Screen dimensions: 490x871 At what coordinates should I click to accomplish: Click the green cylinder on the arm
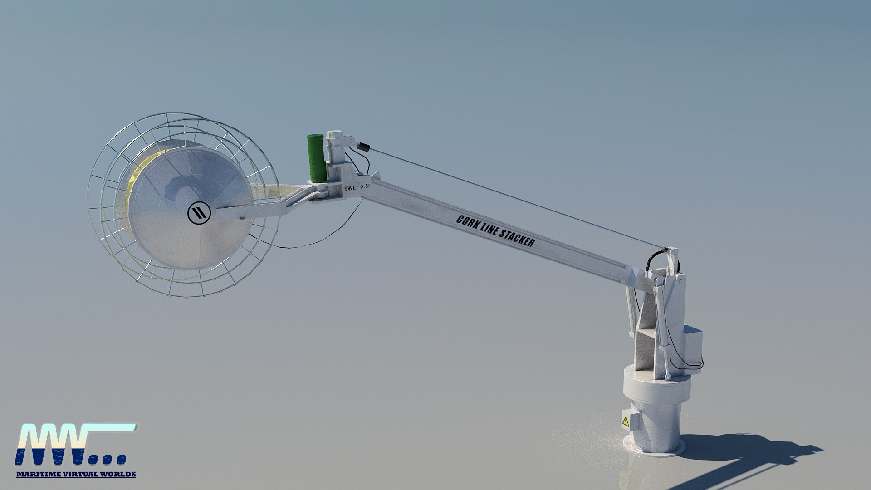tap(316, 158)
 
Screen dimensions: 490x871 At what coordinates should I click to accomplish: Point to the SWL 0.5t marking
tap(357, 187)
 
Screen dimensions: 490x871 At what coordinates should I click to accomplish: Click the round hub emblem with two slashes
tap(199, 212)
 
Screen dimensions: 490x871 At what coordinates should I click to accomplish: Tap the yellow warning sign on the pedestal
tap(626, 422)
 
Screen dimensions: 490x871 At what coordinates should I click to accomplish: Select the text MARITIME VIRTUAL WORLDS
tap(76, 474)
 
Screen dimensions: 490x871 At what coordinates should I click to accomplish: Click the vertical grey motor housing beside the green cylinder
tap(335, 150)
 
